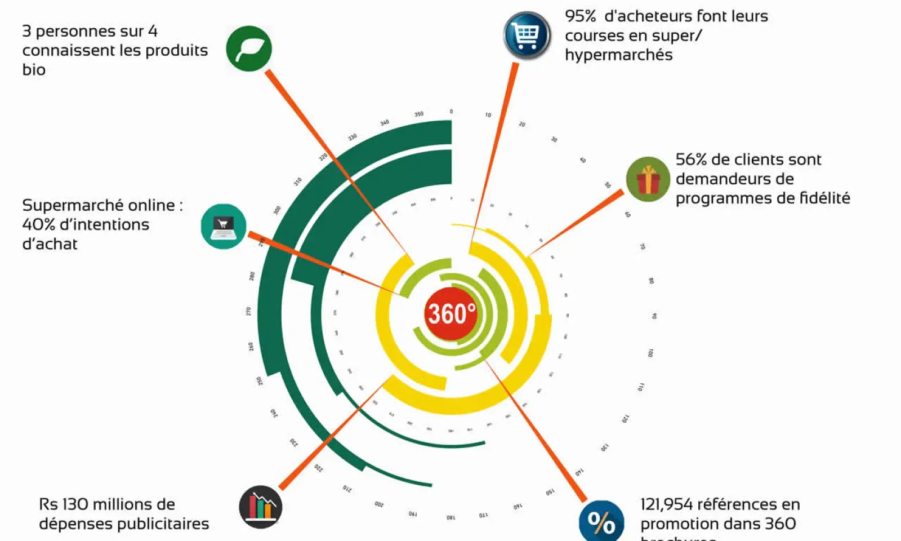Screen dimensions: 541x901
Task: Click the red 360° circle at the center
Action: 451,313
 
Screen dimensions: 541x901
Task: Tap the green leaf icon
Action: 249,48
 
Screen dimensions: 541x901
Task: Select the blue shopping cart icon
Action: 527,35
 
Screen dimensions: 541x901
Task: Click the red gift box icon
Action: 648,179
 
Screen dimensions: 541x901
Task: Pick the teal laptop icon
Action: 224,226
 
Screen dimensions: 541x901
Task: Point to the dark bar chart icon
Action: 260,507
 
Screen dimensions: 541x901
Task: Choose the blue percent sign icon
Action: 601,522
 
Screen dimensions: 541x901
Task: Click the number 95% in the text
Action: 581,16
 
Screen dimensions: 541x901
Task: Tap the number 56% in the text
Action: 691,159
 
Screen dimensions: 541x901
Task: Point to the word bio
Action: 34,70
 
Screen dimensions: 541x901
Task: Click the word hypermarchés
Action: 618,55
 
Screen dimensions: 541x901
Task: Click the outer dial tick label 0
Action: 451,112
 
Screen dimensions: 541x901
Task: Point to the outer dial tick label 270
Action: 248,311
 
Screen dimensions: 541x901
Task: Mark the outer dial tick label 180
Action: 451,517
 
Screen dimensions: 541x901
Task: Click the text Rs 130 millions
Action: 107,504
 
